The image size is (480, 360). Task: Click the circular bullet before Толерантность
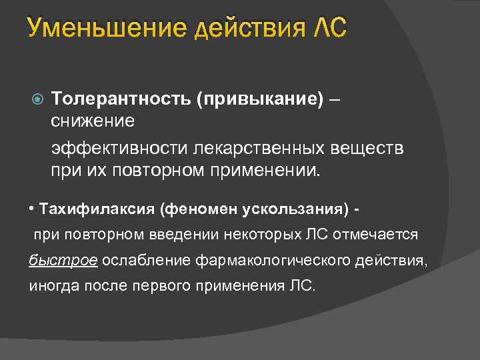point(37,99)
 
